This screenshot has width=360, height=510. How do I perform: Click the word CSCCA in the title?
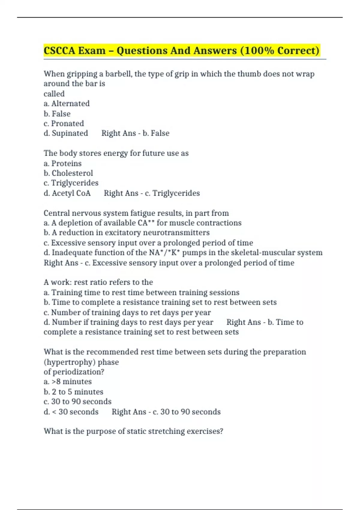coord(59,50)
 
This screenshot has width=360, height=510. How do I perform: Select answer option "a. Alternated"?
coord(67,103)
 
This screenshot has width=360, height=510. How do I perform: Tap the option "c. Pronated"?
coord(64,123)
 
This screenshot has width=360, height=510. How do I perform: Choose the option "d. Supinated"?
coord(66,133)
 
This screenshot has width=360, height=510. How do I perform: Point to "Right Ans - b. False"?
coord(135,133)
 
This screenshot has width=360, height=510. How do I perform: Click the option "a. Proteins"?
coord(62,163)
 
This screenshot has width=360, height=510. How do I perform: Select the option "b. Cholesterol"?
coord(68,173)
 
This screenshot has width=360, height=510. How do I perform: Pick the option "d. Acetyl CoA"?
coord(67,193)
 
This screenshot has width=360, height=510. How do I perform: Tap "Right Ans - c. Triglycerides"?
coord(152,193)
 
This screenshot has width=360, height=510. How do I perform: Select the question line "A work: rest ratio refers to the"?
coord(98,282)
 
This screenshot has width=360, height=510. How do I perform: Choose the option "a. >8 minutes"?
coord(67,382)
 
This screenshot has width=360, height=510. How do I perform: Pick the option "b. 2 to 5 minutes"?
coord(73,392)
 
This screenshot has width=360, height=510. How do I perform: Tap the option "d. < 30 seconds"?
coord(71,412)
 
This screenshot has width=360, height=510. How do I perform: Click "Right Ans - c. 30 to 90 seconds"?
coord(166,412)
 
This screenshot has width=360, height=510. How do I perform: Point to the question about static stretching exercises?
coord(133,431)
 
